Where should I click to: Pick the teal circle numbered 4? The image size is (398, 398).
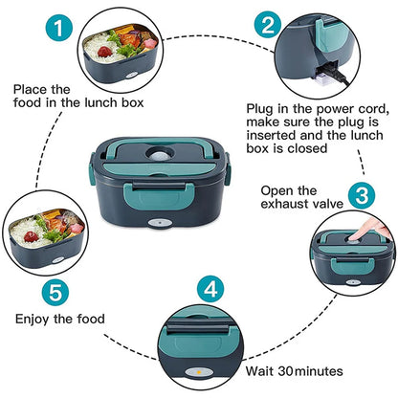[213, 289]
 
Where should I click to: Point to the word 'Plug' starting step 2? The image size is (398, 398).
[261, 109]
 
